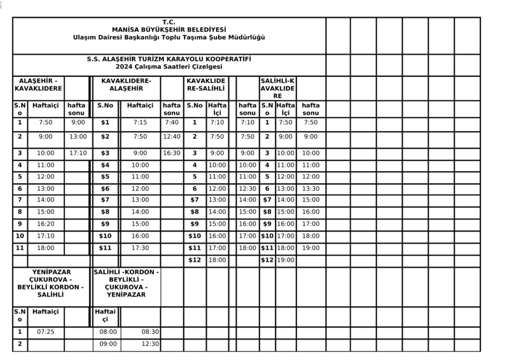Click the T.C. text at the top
coord(169,22)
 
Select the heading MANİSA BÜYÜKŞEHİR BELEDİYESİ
coord(169,30)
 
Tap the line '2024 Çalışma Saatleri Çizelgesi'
coord(169,67)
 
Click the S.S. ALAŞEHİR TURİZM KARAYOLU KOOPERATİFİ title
coord(169,59)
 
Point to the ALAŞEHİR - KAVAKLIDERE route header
coord(38,85)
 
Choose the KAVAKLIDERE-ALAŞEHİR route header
coord(126,85)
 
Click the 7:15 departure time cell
coord(140,123)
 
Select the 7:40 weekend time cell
coord(172,123)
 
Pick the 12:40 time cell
coord(172,137)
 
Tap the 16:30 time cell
coord(172,153)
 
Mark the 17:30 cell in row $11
coord(140,248)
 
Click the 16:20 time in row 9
coord(46,224)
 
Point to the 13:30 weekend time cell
coord(310,189)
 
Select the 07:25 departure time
coord(46,332)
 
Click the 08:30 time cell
coord(151,332)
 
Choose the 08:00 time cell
coord(109,332)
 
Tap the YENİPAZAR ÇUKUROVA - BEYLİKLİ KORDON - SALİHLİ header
coord(50,284)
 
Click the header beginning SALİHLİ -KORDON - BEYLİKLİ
coord(126,284)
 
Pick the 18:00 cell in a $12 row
coord(217,260)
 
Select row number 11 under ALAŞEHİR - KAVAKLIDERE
coord(20,248)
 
